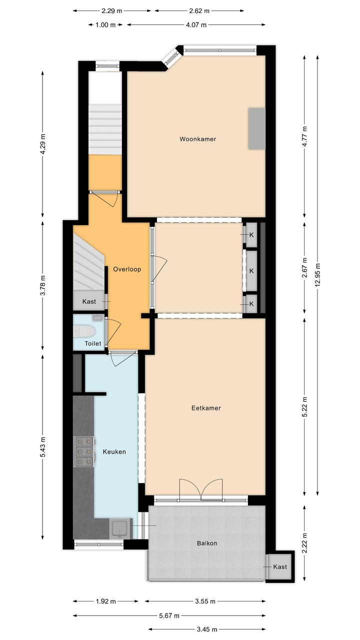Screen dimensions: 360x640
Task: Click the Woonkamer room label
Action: point(197,139)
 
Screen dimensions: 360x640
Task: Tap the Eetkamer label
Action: point(206,408)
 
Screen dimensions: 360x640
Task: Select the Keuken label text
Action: point(114,452)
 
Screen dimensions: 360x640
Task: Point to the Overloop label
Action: point(127,269)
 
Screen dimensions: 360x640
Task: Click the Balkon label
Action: point(207,543)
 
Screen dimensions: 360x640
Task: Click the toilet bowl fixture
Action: point(84,331)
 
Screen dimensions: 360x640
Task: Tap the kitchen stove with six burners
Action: point(84,452)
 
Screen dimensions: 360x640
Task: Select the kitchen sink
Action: point(120,528)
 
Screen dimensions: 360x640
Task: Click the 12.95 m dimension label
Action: point(317,275)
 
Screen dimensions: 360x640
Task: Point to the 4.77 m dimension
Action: point(304,136)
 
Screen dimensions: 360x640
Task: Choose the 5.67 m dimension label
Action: point(169,615)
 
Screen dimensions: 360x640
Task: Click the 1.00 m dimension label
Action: point(105,25)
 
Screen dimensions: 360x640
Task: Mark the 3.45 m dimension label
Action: point(207,629)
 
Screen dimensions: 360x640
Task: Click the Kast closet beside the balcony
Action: point(280,566)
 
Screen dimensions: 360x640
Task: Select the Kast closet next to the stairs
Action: point(89,301)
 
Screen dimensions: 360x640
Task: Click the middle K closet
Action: point(251,271)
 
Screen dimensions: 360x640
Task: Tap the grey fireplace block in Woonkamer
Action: point(256,129)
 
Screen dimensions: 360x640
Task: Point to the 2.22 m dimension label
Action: point(304,543)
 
